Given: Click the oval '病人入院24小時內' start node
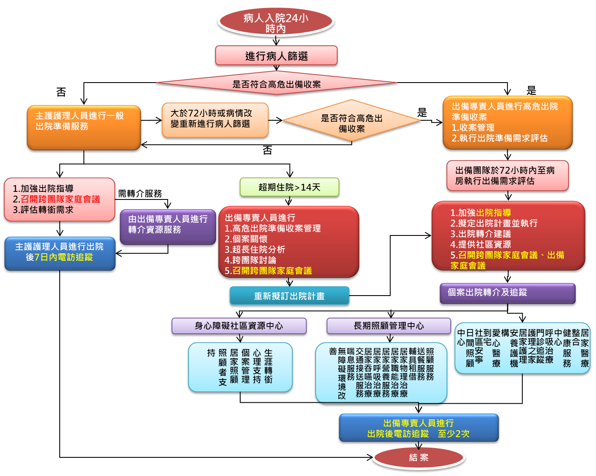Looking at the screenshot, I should pos(276,22).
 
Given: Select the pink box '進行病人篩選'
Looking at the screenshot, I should pos(276,56).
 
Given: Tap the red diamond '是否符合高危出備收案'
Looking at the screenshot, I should pos(276,84).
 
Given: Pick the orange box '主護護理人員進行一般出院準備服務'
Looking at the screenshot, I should pos(83,127).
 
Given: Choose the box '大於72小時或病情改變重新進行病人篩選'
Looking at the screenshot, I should pos(215,120).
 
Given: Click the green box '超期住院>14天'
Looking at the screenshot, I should pos(289,187).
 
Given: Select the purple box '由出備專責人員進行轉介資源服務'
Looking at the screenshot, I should pos(168,227).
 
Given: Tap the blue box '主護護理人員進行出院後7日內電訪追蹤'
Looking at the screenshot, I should pos(59,253).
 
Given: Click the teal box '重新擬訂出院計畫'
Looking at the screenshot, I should pos(289,296).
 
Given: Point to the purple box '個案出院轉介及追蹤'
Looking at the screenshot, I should pos(507,293).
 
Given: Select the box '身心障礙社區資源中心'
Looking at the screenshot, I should pos(239,326).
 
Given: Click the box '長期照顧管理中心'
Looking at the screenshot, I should pos(388,326).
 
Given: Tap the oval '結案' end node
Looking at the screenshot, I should pos(419,457).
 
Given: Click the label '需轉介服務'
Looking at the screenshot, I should pos(140,194).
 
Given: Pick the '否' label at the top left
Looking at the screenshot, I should pos(61,92).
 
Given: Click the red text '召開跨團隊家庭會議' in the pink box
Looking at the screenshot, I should pos(60,199).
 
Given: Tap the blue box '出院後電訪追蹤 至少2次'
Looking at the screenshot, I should pos(419,429).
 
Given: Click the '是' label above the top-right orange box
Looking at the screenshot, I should pos(532,89).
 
